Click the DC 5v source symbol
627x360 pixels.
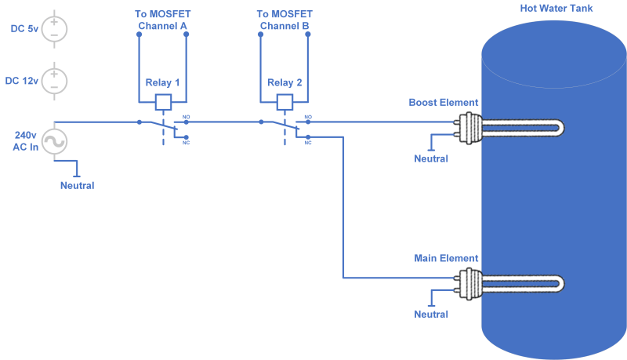pyautogui.click(x=54, y=29)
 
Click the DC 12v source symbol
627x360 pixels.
pyautogui.click(x=54, y=81)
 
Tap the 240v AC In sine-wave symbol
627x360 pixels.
pyautogui.click(x=54, y=141)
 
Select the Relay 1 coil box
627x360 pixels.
pyautogui.click(x=163, y=101)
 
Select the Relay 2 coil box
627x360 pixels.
pyautogui.click(x=285, y=101)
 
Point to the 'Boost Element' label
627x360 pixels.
pyautogui.click(x=444, y=103)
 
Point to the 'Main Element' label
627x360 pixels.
pyautogui.click(x=446, y=258)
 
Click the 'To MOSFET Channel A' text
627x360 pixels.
pyautogui.click(x=162, y=20)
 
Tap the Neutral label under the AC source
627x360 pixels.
pyautogui.click(x=77, y=186)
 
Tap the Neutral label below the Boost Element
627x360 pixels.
pyautogui.click(x=431, y=159)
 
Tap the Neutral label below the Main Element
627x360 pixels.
pyautogui.click(x=431, y=315)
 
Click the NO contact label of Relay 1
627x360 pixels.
pyautogui.click(x=187, y=117)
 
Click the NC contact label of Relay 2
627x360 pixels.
pyautogui.click(x=308, y=143)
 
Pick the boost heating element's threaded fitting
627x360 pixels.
pyautogui.click(x=471, y=127)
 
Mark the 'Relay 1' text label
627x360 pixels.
pyautogui.click(x=162, y=83)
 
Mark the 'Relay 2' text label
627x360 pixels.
pyautogui.click(x=285, y=83)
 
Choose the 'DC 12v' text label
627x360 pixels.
pyautogui.click(x=21, y=81)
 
